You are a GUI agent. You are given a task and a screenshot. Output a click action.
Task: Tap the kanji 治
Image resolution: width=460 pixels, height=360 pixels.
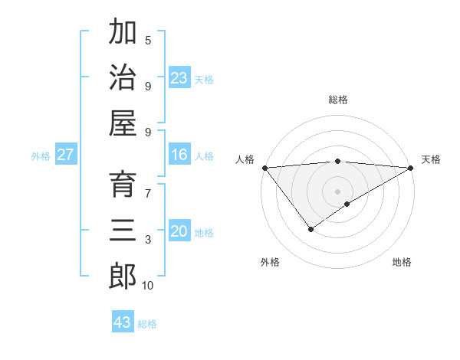point(123,77)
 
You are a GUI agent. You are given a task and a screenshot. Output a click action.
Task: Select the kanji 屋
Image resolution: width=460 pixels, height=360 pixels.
point(123,123)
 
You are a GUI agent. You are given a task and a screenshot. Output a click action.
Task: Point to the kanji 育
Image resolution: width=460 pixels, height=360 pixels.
point(123,185)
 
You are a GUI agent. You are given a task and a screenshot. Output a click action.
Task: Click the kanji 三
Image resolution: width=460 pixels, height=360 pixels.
point(123,231)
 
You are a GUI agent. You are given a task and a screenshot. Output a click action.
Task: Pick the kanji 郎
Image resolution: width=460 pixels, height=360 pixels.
point(123,277)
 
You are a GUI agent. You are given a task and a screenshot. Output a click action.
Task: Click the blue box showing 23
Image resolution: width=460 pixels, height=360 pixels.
point(179,78)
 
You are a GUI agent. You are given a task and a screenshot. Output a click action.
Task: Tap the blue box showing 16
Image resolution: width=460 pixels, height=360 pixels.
point(179,155)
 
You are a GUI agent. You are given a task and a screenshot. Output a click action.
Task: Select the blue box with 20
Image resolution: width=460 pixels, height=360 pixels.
point(179,232)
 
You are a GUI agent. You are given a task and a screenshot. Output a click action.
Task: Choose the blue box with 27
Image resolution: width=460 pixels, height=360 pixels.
point(66,155)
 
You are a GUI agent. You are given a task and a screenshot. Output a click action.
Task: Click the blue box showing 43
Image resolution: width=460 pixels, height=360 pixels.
point(123,322)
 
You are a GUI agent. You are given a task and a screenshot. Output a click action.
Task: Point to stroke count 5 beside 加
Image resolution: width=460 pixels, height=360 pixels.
point(148,40)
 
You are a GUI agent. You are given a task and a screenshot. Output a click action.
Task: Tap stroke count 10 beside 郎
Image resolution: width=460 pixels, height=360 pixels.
point(148,286)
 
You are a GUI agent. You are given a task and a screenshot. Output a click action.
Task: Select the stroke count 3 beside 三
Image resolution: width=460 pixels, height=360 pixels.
point(148,240)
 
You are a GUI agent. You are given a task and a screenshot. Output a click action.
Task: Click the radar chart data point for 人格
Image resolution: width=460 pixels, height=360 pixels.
point(264,168)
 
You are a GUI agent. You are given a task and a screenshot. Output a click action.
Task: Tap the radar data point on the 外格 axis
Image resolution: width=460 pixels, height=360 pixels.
point(310,229)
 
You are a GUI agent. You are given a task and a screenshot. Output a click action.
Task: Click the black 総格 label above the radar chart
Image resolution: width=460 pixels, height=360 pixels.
point(338,100)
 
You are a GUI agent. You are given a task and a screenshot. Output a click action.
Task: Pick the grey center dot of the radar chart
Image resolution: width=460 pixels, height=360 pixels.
point(338,191)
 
